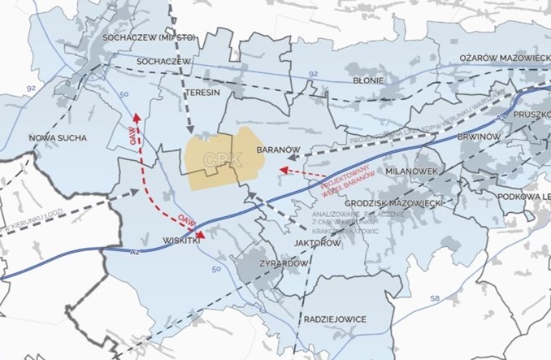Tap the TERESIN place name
tap(202, 93)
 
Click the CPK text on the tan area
tap(223, 160)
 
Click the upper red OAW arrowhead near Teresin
tap(137, 117)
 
